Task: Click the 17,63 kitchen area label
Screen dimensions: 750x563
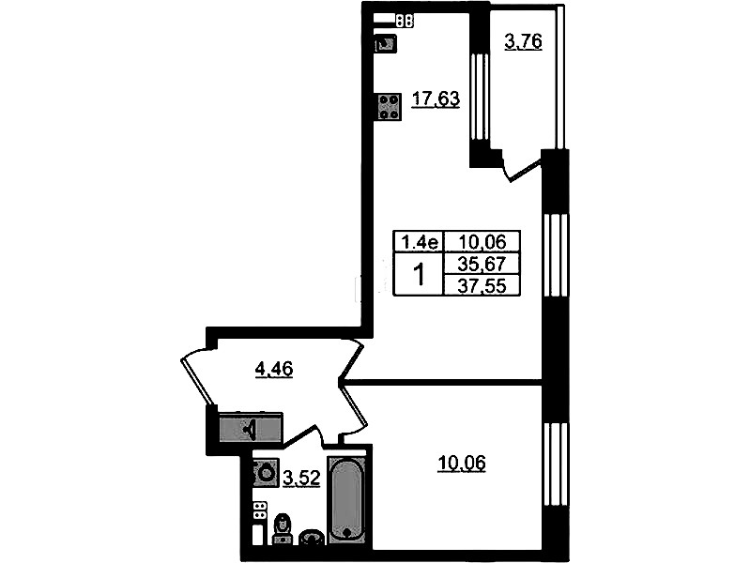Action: click(436, 99)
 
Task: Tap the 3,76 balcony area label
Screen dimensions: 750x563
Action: click(523, 42)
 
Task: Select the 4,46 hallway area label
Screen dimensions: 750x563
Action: click(274, 370)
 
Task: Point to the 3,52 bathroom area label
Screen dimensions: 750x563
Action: click(301, 478)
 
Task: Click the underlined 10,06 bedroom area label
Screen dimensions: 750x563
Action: click(462, 463)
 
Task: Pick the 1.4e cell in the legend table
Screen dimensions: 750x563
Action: click(419, 242)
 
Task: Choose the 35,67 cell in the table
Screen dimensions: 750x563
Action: click(482, 264)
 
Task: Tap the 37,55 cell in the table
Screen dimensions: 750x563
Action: click(482, 285)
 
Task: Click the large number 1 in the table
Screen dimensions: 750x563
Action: click(420, 275)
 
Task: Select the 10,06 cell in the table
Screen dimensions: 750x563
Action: click(482, 242)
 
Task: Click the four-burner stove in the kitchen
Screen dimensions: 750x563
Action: click(390, 106)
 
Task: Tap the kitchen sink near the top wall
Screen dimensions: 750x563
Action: click(386, 44)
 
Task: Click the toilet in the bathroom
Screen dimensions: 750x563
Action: click(283, 530)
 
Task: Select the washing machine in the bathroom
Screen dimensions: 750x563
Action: click(266, 473)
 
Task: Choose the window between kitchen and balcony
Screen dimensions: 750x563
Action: click(480, 97)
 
